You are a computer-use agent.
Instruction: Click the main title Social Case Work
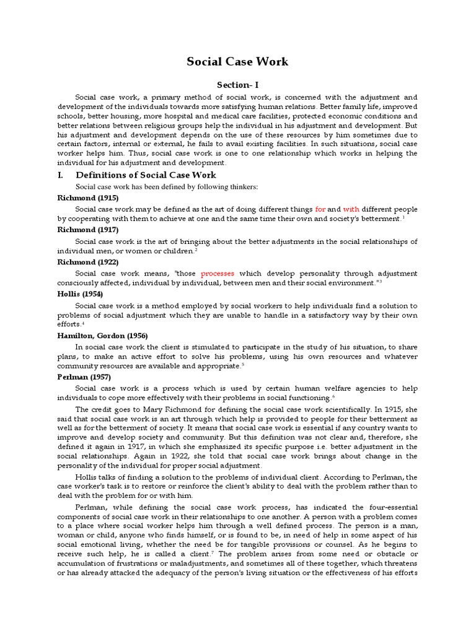238,62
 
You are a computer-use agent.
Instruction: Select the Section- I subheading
237,85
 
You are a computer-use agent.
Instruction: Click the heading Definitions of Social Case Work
146,175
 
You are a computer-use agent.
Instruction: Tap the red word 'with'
351,209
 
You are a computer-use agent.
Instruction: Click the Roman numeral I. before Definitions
61,175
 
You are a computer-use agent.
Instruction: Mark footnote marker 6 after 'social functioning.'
333,396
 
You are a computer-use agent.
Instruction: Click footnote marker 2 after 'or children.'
196,249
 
